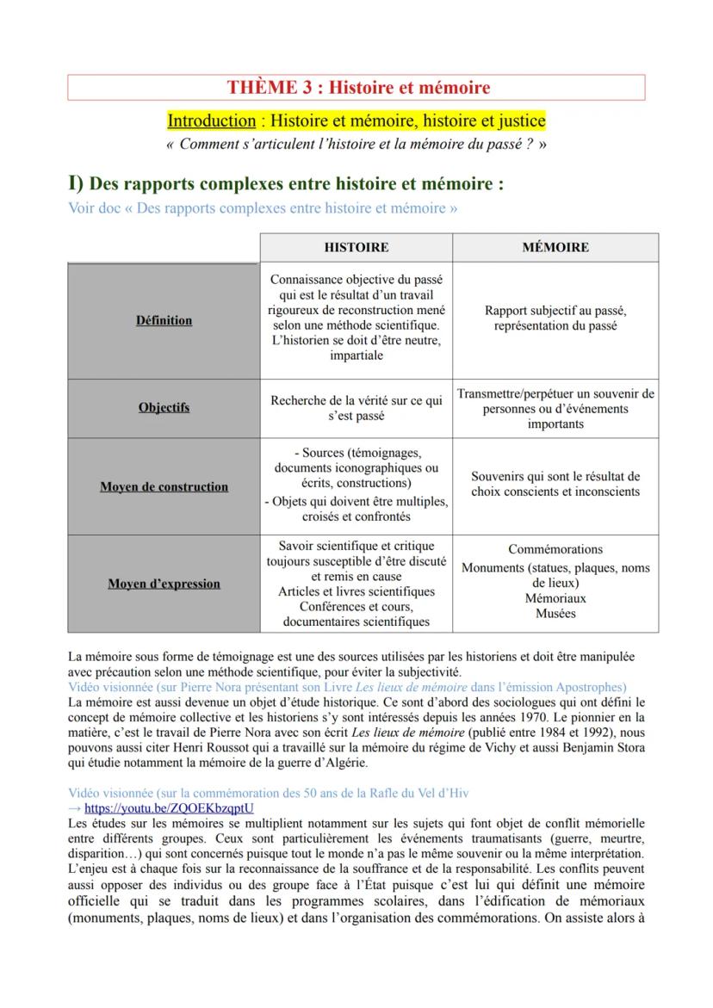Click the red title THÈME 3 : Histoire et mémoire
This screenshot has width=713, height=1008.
(357, 88)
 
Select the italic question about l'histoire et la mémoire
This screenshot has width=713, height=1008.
(356, 144)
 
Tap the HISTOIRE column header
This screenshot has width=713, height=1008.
(356, 247)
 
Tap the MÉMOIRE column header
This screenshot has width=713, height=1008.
(555, 247)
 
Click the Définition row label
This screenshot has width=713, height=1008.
(164, 320)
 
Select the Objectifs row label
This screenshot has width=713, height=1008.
(164, 407)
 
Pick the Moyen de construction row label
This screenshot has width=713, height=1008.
(164, 486)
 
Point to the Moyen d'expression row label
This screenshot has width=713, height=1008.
(164, 584)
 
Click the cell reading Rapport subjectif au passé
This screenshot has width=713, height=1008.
(555, 318)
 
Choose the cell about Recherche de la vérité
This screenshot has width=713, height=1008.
(356, 408)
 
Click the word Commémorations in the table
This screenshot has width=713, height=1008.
(555, 549)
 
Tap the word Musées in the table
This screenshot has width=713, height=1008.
(555, 614)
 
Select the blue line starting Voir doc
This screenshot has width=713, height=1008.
(262, 208)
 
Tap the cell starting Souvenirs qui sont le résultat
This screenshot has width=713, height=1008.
(555, 484)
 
